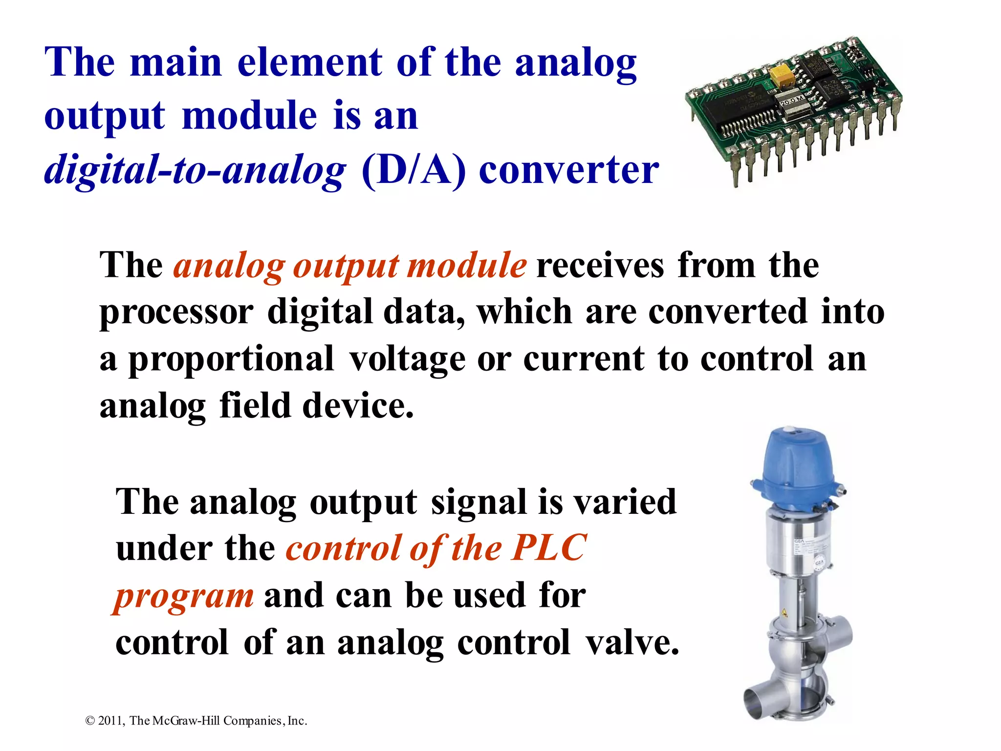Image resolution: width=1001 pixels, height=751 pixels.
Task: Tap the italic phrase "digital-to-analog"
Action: tap(195, 170)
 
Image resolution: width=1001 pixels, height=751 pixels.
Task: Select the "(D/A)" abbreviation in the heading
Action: tap(413, 170)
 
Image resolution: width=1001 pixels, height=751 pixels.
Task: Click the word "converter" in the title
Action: tap(569, 170)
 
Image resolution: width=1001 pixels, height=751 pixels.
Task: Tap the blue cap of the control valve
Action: tap(797, 464)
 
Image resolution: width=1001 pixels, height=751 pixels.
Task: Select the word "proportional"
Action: tap(231, 359)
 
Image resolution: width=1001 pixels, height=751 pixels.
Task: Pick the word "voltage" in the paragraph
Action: tap(407, 359)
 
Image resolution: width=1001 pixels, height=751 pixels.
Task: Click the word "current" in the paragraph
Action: tap(584, 359)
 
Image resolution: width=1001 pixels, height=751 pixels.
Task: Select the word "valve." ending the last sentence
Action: tap(632, 642)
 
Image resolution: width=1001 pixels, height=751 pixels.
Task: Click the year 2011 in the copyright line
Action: tap(112, 721)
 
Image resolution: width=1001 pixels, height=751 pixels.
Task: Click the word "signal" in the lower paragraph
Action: tap(479, 502)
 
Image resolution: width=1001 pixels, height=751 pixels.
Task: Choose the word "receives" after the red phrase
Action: tap(600, 265)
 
